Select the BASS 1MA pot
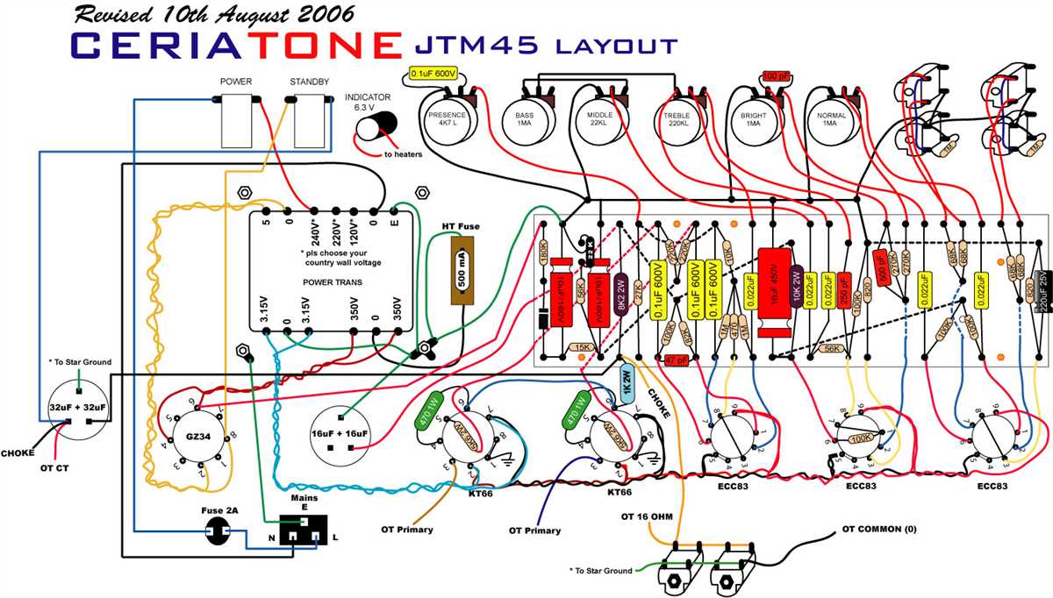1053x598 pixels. [524, 118]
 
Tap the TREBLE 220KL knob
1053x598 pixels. [679, 118]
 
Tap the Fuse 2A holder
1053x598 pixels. [217, 530]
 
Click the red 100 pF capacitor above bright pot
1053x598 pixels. [777, 76]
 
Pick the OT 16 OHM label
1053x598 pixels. [647, 517]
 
